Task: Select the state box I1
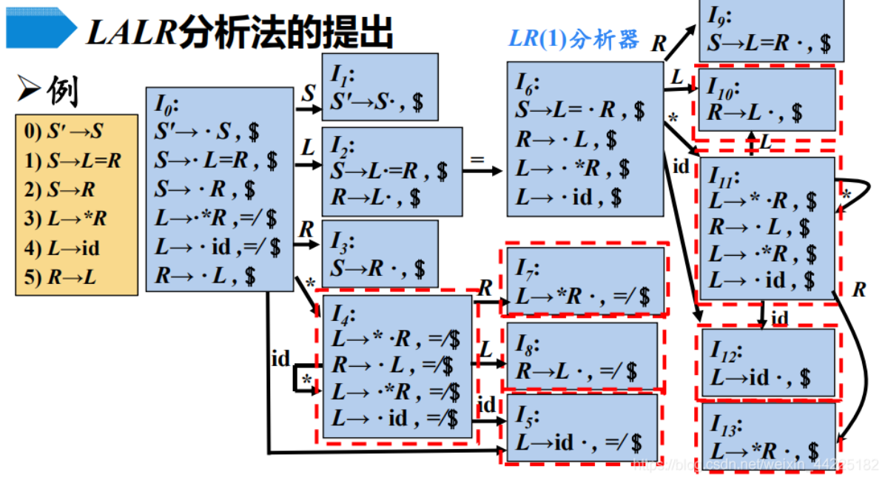(x=379, y=87)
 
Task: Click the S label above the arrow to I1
(x=309, y=94)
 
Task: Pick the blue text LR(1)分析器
(x=573, y=39)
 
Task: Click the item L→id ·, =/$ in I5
(x=578, y=443)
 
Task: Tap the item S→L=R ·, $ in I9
(x=769, y=43)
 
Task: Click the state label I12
(x=727, y=351)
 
